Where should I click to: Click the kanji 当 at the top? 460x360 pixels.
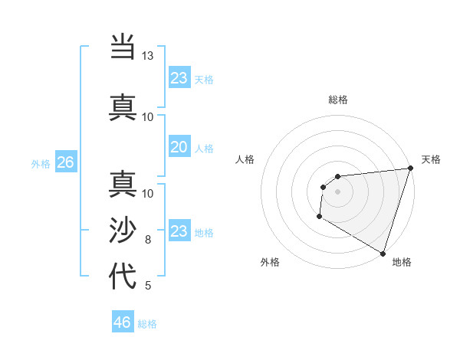123,48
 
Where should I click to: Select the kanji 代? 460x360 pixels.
123,275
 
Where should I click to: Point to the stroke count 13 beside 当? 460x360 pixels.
147,56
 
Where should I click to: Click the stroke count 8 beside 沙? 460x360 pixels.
148,240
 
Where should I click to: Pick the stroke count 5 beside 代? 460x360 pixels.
148,286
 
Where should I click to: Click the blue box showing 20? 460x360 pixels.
179,147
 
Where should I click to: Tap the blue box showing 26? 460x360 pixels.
65,162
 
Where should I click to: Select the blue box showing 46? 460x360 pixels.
123,322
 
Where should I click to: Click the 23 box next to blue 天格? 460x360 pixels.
179,78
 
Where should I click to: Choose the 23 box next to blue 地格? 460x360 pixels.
179,231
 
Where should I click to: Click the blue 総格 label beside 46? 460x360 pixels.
147,324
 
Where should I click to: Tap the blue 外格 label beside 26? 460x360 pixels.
41,163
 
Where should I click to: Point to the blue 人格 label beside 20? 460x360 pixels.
204,148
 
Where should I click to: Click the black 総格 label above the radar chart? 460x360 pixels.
338,100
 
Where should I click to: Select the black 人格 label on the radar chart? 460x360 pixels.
245,159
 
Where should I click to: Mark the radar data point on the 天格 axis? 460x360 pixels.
410,169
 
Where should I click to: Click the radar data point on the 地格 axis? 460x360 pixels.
383,254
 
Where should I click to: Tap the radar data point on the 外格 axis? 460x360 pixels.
319,218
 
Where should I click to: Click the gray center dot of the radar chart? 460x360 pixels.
337,191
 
